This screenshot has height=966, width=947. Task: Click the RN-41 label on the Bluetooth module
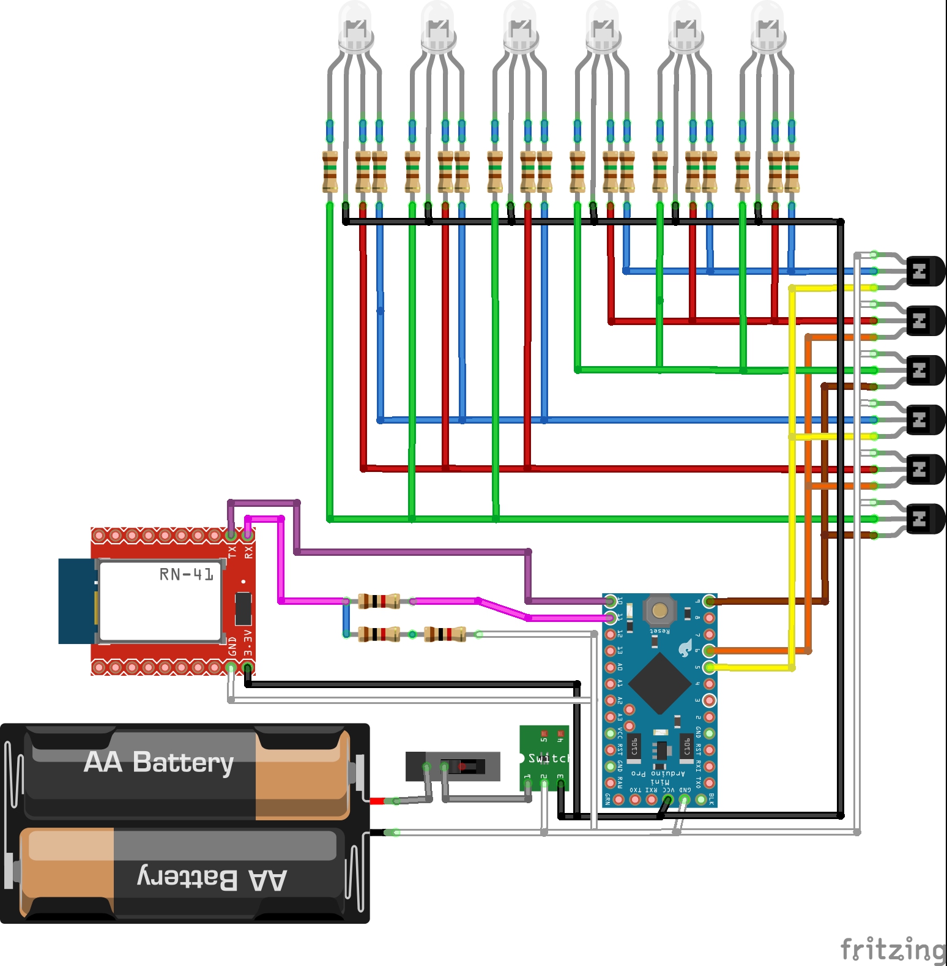point(186,574)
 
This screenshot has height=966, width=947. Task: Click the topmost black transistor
point(924,271)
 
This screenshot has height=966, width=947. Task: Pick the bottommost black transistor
point(924,519)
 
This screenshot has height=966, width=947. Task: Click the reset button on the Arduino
point(659,610)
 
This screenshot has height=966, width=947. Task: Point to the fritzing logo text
point(893,949)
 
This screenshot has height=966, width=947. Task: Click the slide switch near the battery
point(453,766)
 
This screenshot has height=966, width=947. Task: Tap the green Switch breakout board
point(544,758)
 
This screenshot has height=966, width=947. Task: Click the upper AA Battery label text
point(159,763)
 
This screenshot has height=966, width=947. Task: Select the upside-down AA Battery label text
point(212,878)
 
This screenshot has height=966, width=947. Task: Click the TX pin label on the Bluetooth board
point(232,552)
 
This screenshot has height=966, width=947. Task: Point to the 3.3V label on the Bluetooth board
point(248,643)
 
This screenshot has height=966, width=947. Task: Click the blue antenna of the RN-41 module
point(76,601)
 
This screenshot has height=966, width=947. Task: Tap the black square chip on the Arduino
point(659,683)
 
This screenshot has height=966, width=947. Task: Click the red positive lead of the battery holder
point(377,801)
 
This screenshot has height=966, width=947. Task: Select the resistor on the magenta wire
point(379,601)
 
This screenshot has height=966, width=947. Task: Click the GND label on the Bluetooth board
point(232,646)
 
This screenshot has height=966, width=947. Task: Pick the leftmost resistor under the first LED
point(330,172)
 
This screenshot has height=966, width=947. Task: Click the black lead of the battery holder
point(377,833)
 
